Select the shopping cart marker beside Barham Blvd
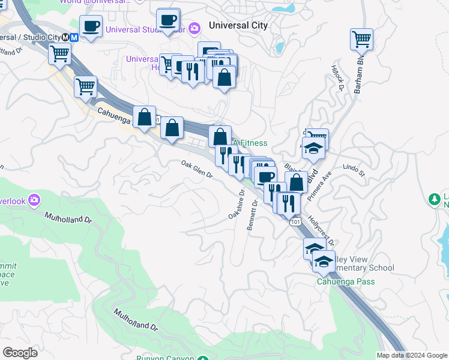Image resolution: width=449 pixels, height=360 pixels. pyautogui.click(x=361, y=40)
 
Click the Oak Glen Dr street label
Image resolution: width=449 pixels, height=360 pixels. pyautogui.click(x=197, y=169)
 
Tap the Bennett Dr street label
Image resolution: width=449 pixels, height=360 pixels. pyautogui.click(x=252, y=215)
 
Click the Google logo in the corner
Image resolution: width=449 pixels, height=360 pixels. pyautogui.click(x=20, y=352)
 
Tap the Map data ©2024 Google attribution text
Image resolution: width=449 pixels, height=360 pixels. pyautogui.click(x=412, y=355)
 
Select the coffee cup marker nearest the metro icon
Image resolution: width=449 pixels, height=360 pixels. pyautogui.click(x=91, y=26)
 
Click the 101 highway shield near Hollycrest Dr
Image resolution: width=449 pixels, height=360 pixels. pyautogui.click(x=294, y=222)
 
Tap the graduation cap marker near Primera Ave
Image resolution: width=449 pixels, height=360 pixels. pyautogui.click(x=313, y=148)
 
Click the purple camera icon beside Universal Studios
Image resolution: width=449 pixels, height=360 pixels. pyautogui.click(x=194, y=28)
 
